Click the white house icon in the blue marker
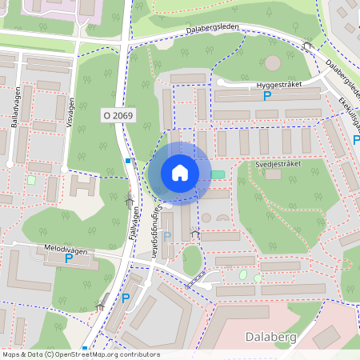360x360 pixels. coord(180,173)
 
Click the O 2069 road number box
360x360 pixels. coord(118,116)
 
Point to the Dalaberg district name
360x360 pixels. coord(271,338)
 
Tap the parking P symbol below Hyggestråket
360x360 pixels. coord(267,96)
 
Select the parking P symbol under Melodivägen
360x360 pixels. coord(68,258)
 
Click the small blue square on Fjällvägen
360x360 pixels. coord(128,161)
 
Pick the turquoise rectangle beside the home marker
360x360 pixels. coord(218,174)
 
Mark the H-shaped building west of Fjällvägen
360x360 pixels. coord(83,187)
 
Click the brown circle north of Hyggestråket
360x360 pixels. coord(273,62)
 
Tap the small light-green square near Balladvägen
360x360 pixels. coord(31,180)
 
